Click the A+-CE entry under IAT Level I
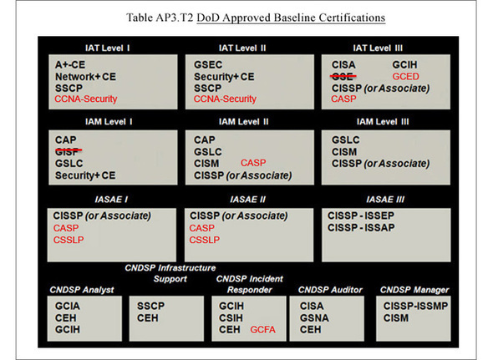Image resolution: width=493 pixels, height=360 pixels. click(70, 65)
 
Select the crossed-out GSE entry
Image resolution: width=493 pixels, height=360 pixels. click(343, 76)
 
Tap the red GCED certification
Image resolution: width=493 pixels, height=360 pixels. click(405, 76)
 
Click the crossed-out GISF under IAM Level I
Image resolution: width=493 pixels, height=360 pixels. click(69, 151)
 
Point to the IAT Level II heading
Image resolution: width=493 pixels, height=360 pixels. click(242, 48)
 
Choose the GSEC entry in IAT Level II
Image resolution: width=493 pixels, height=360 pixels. click(208, 65)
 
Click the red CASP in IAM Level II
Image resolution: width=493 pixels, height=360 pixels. click(253, 163)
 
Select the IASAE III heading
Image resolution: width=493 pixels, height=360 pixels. click(385, 200)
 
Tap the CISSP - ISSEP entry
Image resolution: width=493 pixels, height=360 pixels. click(361, 215)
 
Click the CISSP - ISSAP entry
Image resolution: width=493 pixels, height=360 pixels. click(361, 228)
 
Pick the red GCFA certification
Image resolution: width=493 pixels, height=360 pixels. click(263, 329)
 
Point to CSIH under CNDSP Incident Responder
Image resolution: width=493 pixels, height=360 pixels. click(231, 318)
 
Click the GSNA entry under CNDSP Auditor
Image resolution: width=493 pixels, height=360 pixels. click(314, 318)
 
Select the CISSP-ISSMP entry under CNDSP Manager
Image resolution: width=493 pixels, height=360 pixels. click(415, 306)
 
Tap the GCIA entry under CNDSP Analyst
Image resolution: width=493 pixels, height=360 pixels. click(68, 306)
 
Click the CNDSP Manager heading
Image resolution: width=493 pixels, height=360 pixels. click(414, 290)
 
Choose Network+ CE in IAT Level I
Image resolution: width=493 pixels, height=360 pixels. click(85, 77)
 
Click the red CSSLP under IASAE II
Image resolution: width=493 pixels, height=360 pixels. click(205, 240)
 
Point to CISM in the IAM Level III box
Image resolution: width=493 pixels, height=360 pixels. click(344, 152)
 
